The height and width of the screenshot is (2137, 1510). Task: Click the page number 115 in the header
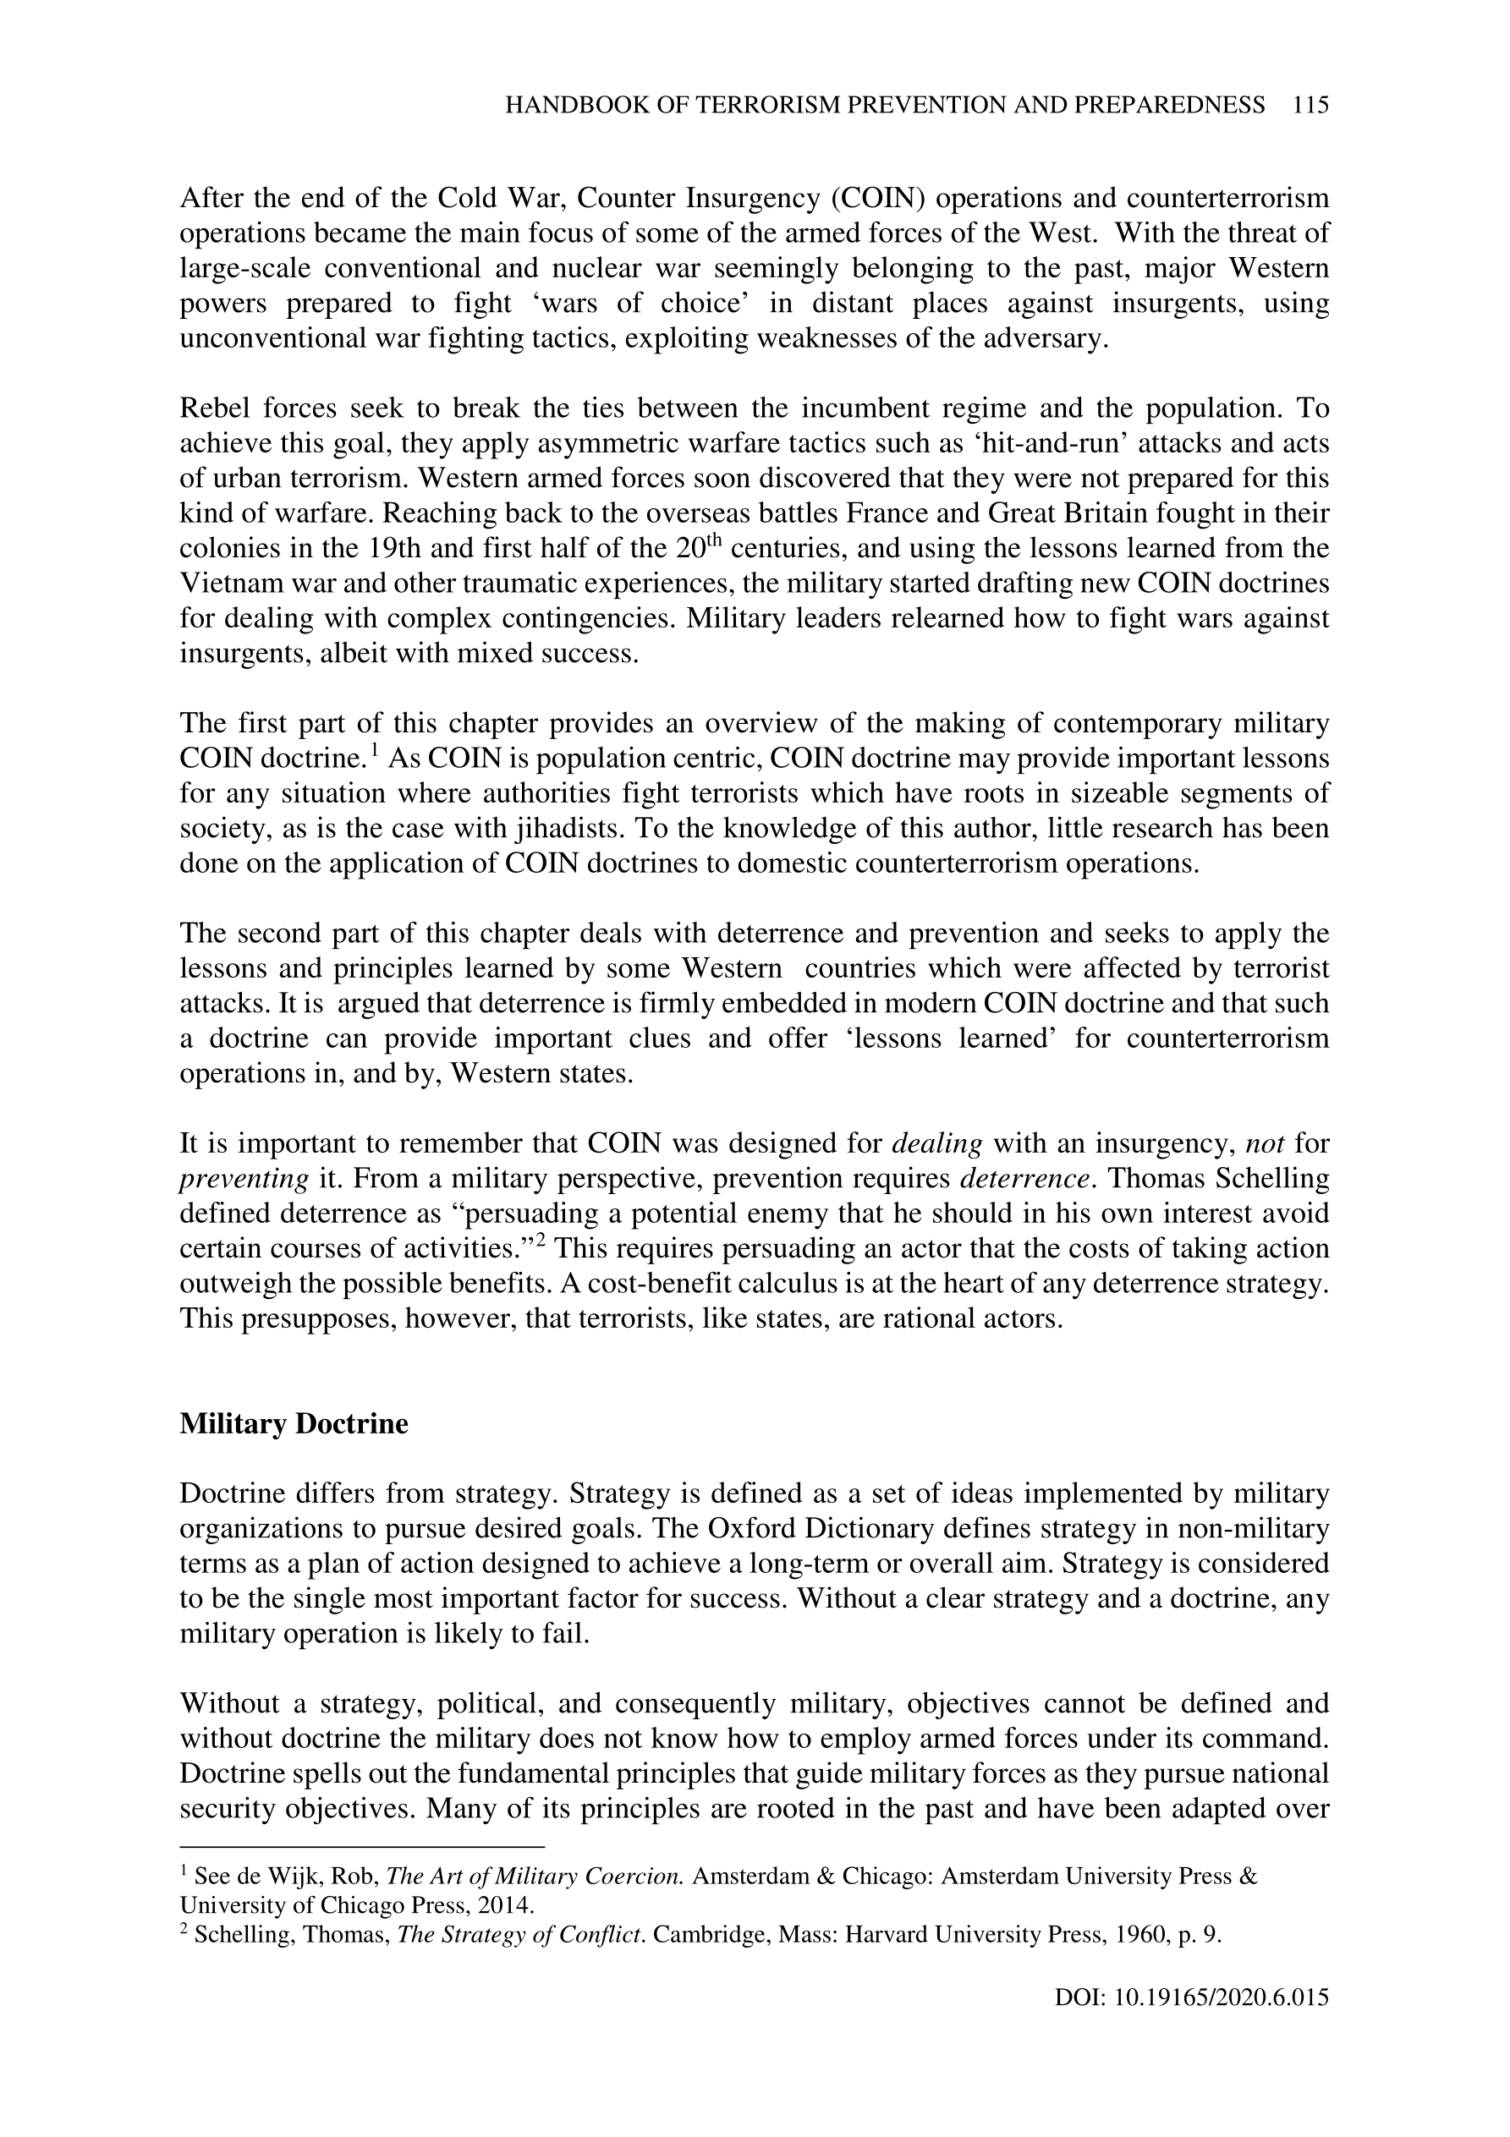click(1310, 105)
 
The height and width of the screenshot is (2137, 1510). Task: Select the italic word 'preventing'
click(243, 1178)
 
